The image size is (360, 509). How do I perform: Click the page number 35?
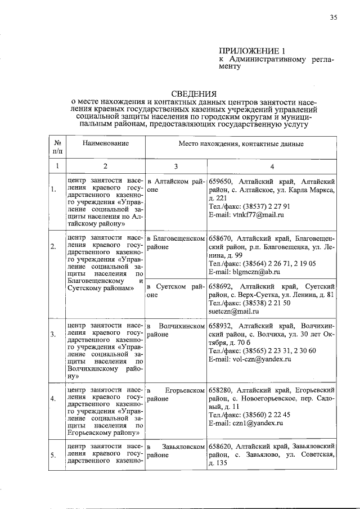click(333, 17)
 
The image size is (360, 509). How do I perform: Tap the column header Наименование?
click(105, 144)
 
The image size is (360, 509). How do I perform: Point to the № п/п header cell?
click(57, 148)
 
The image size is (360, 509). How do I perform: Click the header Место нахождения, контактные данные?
click(241, 145)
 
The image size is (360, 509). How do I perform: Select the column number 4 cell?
click(272, 166)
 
